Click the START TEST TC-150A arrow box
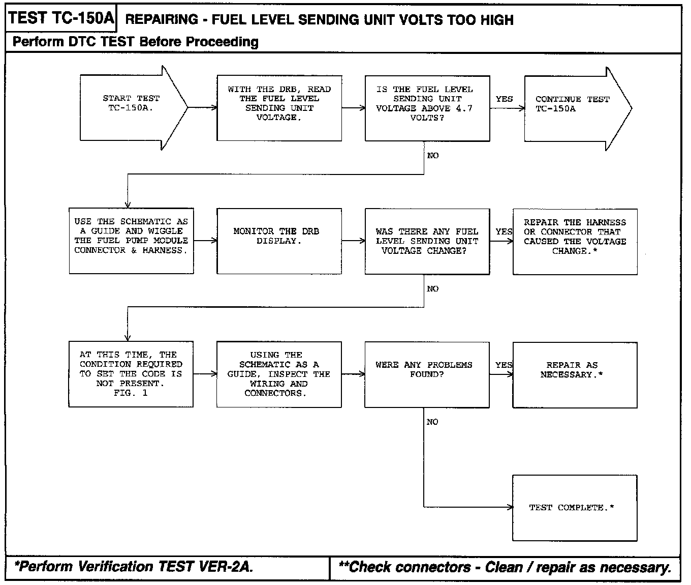tap(131, 107)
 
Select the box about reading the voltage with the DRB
tap(279, 108)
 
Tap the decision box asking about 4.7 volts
tap(427, 108)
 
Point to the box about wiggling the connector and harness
tap(131, 241)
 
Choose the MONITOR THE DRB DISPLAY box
tap(279, 241)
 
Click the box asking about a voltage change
tap(427, 241)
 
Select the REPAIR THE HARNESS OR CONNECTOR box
tap(575, 241)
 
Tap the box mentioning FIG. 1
tap(131, 374)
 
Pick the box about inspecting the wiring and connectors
tap(279, 374)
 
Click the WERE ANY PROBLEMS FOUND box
tap(427, 374)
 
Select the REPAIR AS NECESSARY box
tap(575, 374)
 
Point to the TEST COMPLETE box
tap(575, 507)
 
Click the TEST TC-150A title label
tap(61, 19)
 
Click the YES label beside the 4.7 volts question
tap(504, 99)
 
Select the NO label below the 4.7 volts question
tap(433, 156)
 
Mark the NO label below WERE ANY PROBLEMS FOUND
tap(432, 422)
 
